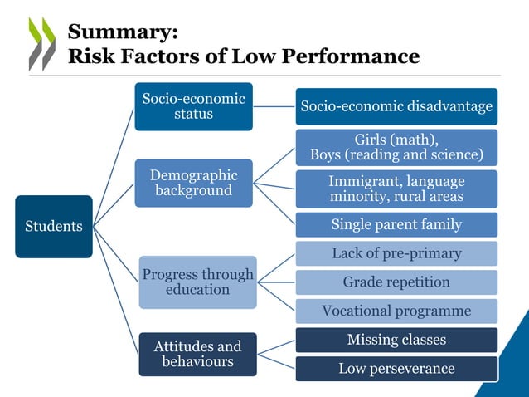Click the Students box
coord(53,226)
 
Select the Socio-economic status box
coord(193,106)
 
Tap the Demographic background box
coord(193,183)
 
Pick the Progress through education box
coord(197,282)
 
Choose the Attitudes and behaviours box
coord(197,354)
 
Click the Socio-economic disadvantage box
coord(396,106)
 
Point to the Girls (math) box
coord(396,146)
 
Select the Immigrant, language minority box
coord(396,189)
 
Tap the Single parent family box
coord(396,224)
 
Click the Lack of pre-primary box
coord(396,253)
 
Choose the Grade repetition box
coord(396,282)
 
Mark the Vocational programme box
coord(396,311)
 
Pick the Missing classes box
coord(396,340)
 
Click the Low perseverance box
coord(396,368)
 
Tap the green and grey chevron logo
coord(41,43)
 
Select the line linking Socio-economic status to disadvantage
coord(274,106)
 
